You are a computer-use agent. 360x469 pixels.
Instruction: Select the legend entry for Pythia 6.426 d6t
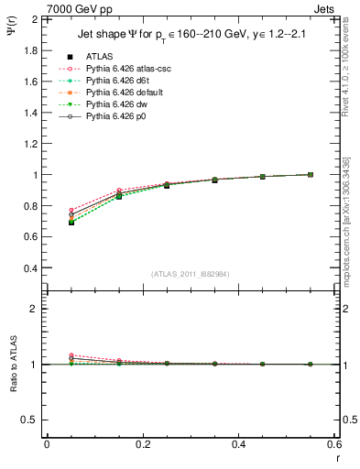(x=117, y=81)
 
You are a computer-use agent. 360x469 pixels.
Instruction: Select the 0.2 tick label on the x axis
(x=142, y=444)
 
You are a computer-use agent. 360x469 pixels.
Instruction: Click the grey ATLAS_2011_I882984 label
(x=191, y=275)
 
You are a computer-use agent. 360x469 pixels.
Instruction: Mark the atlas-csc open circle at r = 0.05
(x=71, y=210)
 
